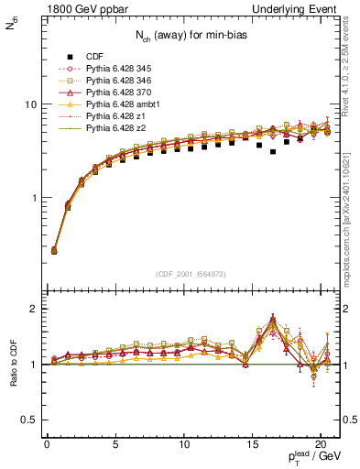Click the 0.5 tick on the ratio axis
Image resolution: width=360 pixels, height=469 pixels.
[31, 420]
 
